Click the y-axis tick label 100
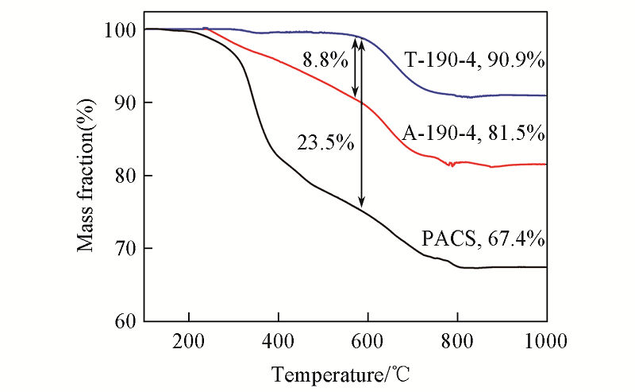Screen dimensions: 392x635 pyautogui.click(x=118, y=30)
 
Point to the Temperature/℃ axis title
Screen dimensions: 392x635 pyautogui.click(x=343, y=372)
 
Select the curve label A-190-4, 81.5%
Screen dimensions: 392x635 pyautogui.click(x=474, y=133)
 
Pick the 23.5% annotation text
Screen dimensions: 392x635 pyautogui.click(x=325, y=143)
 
